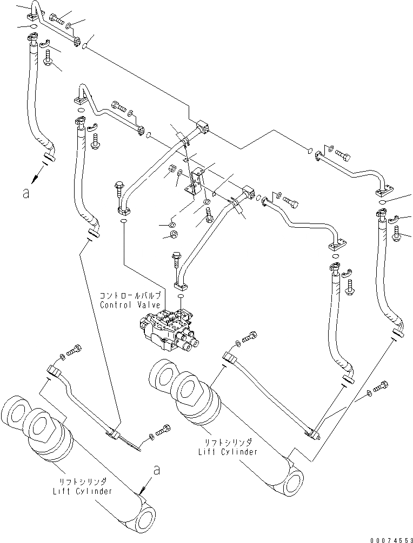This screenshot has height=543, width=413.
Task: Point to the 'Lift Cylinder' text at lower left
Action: pos(83,491)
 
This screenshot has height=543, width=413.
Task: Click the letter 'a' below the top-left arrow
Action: pos(25,193)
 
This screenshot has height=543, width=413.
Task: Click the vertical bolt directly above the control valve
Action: pos(177,259)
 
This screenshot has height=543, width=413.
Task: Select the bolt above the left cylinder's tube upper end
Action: pos(74,349)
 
